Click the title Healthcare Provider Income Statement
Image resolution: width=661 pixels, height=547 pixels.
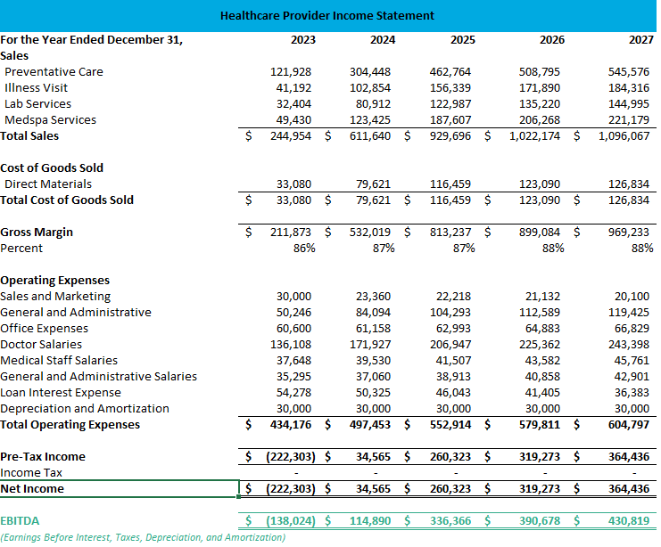(326, 15)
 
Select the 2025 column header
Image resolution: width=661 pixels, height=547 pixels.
(462, 39)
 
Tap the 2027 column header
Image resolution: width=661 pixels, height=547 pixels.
(640, 39)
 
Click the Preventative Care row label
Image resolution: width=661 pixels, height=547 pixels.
(54, 71)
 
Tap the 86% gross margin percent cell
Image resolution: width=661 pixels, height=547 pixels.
(303, 248)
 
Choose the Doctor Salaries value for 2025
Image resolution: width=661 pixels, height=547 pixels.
(454, 344)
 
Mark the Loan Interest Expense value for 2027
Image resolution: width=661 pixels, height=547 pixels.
(632, 392)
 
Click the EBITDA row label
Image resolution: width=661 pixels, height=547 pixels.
(20, 520)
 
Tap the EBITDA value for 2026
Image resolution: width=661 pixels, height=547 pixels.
(540, 520)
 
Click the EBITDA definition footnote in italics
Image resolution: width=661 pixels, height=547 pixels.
(143, 537)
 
